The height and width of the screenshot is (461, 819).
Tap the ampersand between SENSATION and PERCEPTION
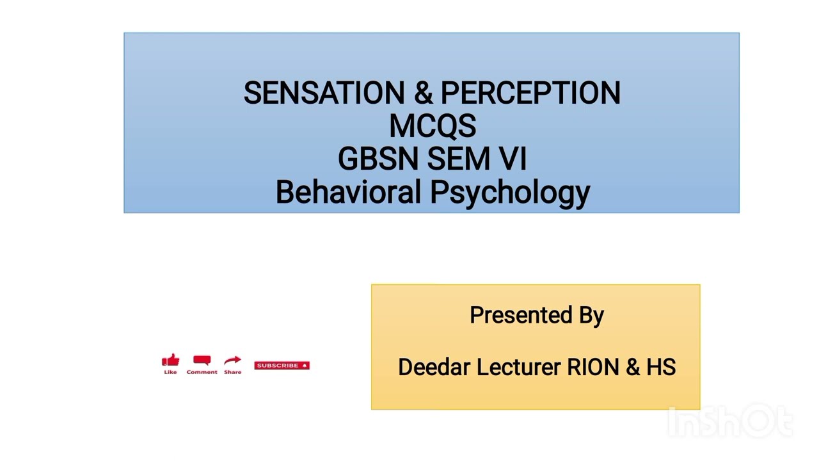click(423, 93)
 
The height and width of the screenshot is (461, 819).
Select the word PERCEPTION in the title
click(530, 93)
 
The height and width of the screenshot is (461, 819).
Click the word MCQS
click(432, 126)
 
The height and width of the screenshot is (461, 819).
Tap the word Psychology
click(509, 193)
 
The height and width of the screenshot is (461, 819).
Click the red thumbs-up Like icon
click(170, 362)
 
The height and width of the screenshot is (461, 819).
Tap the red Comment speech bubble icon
click(202, 361)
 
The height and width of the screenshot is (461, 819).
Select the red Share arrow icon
click(233, 361)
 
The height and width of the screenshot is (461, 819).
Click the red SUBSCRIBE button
click(282, 366)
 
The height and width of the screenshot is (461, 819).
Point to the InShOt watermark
click(729, 421)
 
